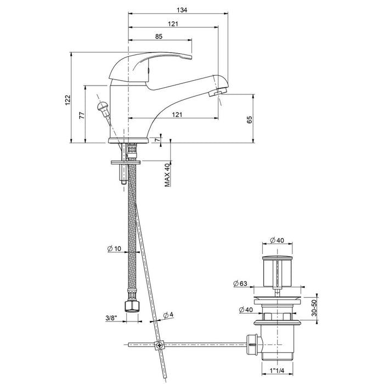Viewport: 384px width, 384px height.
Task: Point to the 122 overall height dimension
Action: [x=67, y=99]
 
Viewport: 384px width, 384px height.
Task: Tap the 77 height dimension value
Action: [x=81, y=115]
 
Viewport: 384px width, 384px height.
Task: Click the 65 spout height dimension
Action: [x=250, y=120]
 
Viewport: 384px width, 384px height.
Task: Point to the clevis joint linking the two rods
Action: [x=160, y=345]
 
